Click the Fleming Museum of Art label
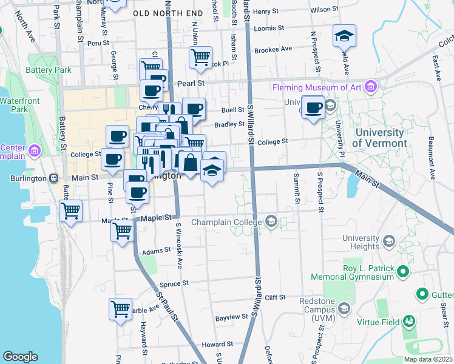[317, 87]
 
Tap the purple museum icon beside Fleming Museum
[371, 87]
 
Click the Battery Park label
[49, 70]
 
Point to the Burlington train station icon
[53, 178]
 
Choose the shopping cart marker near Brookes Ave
[200, 58]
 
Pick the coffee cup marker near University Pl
[313, 107]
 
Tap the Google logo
[20, 357]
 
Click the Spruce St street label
[174, 283]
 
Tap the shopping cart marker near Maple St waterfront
[71, 211]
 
